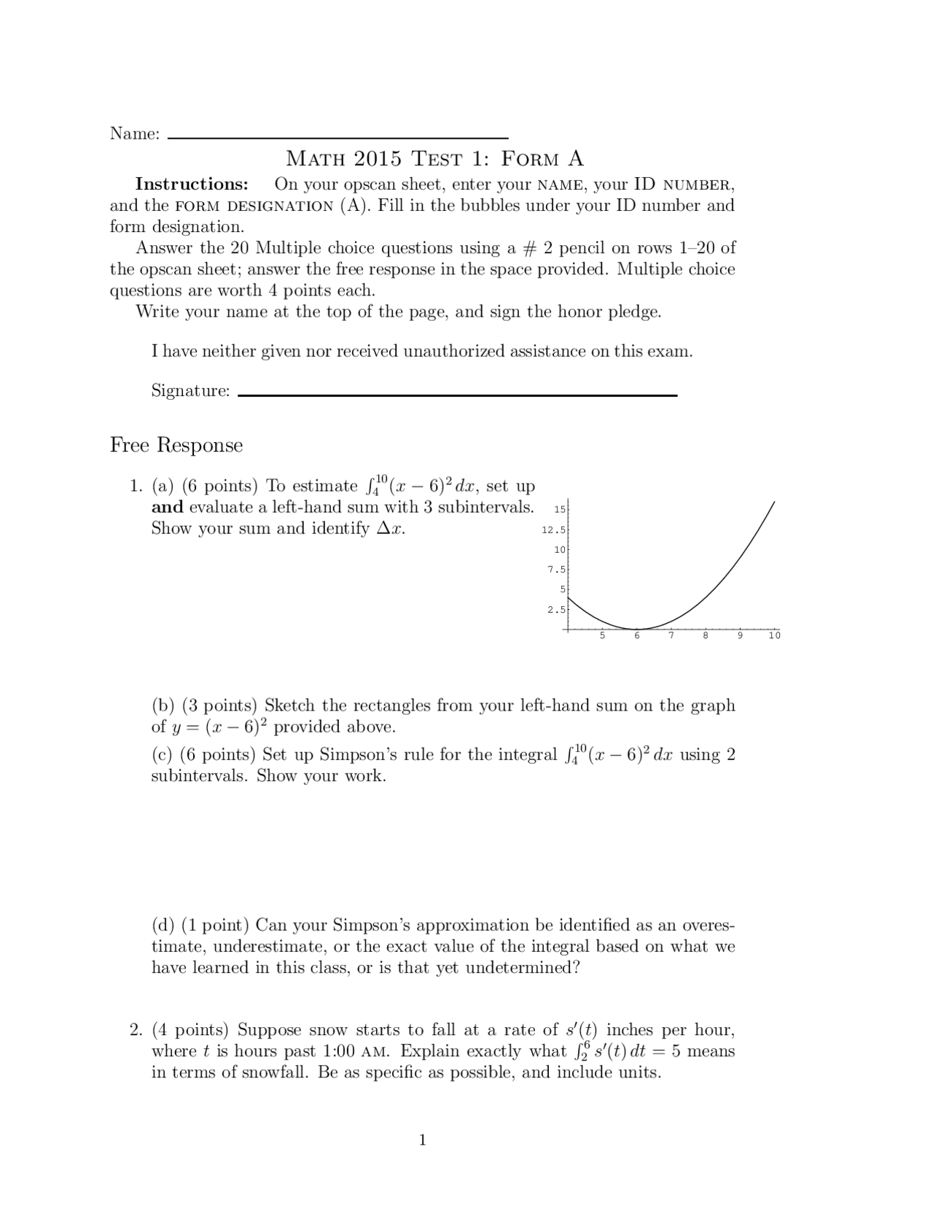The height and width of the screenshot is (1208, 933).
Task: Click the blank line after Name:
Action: [x=337, y=136]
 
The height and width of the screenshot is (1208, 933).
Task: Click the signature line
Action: [x=457, y=394]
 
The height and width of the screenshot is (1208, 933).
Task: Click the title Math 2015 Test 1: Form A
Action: [x=434, y=158]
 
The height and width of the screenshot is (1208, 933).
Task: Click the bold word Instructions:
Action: [x=192, y=184]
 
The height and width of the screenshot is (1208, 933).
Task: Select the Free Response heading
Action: [x=176, y=445]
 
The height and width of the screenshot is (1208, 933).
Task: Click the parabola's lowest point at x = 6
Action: [x=637, y=629]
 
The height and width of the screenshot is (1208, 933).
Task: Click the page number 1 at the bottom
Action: [x=422, y=1140]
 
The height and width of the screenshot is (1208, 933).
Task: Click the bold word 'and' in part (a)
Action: [x=167, y=507]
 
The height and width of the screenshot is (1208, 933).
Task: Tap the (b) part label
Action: [x=163, y=705]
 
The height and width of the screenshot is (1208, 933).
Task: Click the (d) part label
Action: [x=163, y=925]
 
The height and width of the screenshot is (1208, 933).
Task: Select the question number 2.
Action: [x=136, y=1030]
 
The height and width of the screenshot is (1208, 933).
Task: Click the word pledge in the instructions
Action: [x=636, y=312]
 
